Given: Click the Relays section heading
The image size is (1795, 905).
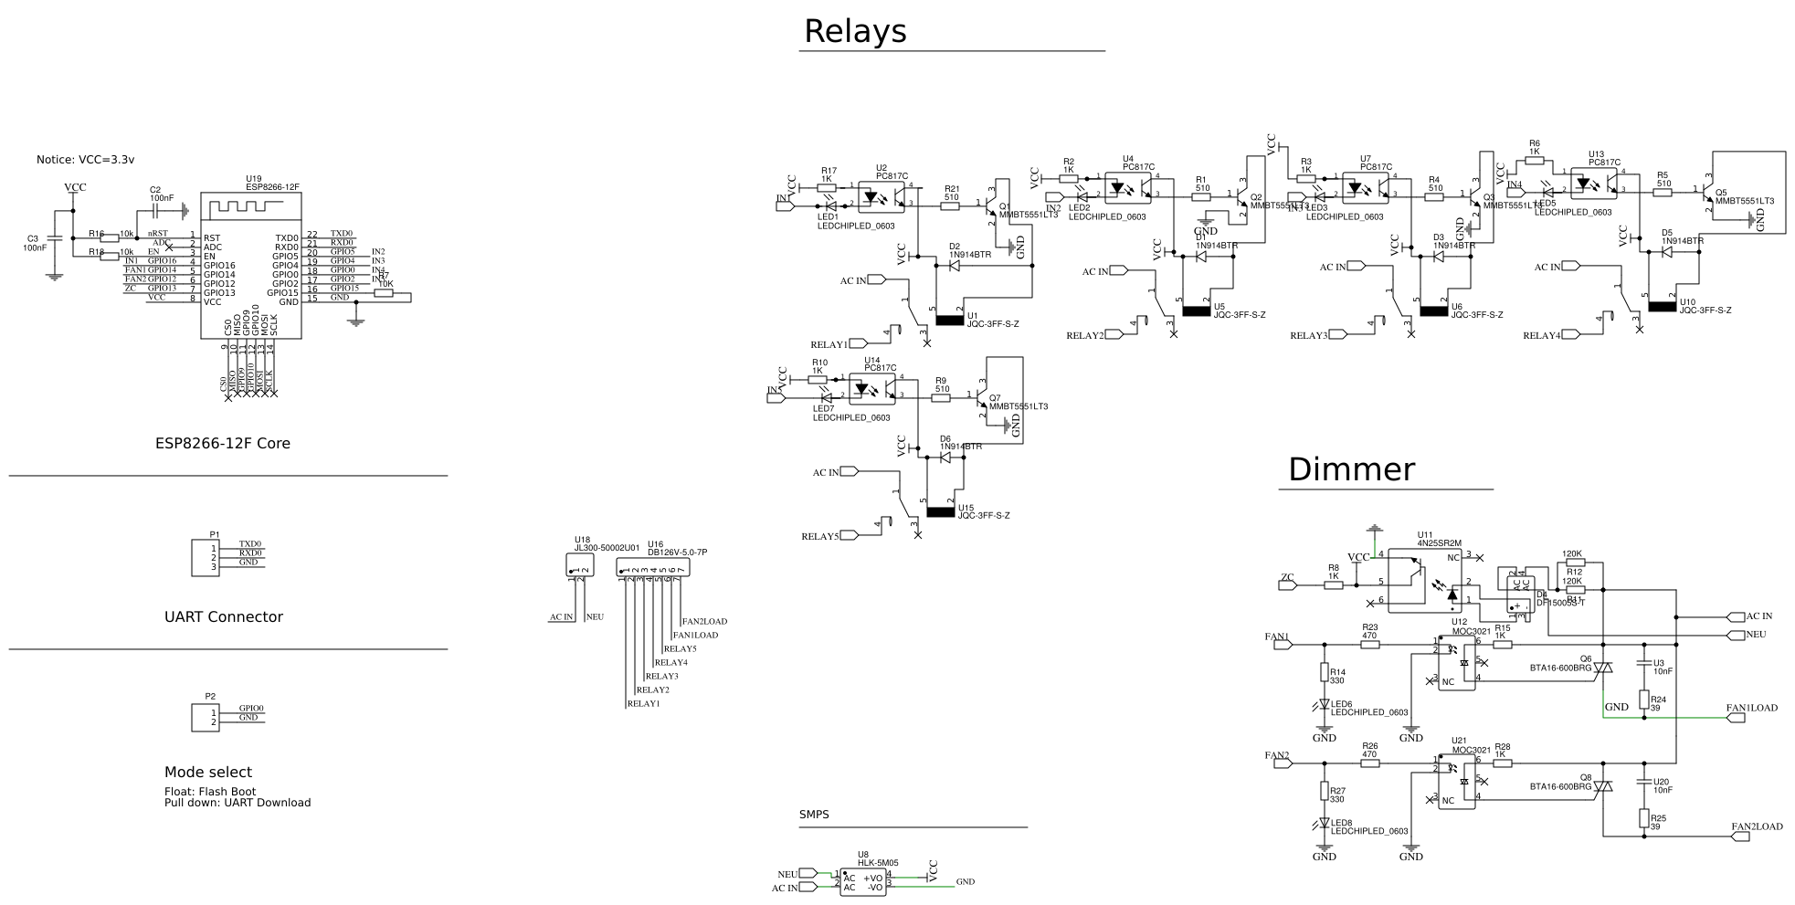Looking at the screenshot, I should tap(854, 32).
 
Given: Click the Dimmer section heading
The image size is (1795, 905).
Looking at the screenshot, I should tap(1350, 469).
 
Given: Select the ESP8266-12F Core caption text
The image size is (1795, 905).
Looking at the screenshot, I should tap(222, 444).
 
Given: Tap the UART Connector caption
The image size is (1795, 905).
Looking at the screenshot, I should tap(223, 617).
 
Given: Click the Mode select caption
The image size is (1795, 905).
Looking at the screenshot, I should tap(207, 773).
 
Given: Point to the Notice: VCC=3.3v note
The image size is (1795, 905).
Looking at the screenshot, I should tap(85, 160).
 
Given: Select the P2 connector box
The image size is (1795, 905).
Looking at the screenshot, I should tap(206, 718).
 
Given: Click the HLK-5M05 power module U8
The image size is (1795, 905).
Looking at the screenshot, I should tap(863, 882).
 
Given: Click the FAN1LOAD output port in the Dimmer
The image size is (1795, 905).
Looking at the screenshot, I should tap(1737, 719).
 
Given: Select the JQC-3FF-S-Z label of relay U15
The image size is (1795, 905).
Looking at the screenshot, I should tap(983, 516).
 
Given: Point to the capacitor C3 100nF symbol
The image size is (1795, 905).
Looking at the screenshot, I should tap(54, 239).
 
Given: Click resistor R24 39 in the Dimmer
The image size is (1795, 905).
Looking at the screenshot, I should tap(1643, 700).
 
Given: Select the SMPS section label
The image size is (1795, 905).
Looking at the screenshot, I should tap(814, 815).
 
